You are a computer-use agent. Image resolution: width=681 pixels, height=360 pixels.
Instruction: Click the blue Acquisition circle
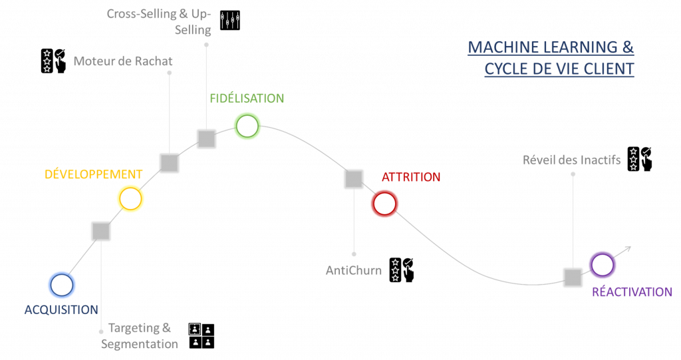[x=62, y=285]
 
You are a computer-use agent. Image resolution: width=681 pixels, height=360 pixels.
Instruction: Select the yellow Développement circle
[x=130, y=198]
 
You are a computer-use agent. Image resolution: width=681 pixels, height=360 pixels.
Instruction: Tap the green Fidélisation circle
[x=247, y=126]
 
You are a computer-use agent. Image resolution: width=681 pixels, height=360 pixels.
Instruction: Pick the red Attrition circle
[x=384, y=203]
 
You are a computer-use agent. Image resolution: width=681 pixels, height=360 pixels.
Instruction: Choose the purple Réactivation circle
[x=603, y=265]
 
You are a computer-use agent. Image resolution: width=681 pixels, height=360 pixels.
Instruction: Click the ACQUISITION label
[x=61, y=309]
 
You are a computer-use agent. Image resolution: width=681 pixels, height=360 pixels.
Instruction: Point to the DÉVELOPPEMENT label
[x=93, y=174]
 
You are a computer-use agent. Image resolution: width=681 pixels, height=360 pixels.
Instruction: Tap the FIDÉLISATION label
[x=247, y=98]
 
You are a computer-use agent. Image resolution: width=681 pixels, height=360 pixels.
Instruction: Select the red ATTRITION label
[x=411, y=177]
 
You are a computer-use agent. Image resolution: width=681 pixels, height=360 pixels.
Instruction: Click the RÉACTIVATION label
[x=632, y=291]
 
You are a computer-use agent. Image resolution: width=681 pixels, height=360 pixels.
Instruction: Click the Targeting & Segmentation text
[x=140, y=336]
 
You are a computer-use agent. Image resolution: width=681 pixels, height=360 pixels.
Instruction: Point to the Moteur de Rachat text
[x=123, y=61]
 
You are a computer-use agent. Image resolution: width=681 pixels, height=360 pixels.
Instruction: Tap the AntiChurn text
[x=354, y=271]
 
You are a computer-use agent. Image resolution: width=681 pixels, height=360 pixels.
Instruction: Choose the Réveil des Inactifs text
[x=572, y=160]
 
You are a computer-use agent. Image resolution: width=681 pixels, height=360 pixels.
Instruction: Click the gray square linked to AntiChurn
[x=354, y=178]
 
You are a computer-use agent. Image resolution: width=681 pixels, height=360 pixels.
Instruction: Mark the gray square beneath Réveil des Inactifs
[x=573, y=277]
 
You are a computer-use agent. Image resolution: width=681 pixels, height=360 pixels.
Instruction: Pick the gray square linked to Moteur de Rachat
[x=169, y=163]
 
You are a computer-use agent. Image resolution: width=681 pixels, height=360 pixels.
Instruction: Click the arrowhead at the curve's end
[x=626, y=248]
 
